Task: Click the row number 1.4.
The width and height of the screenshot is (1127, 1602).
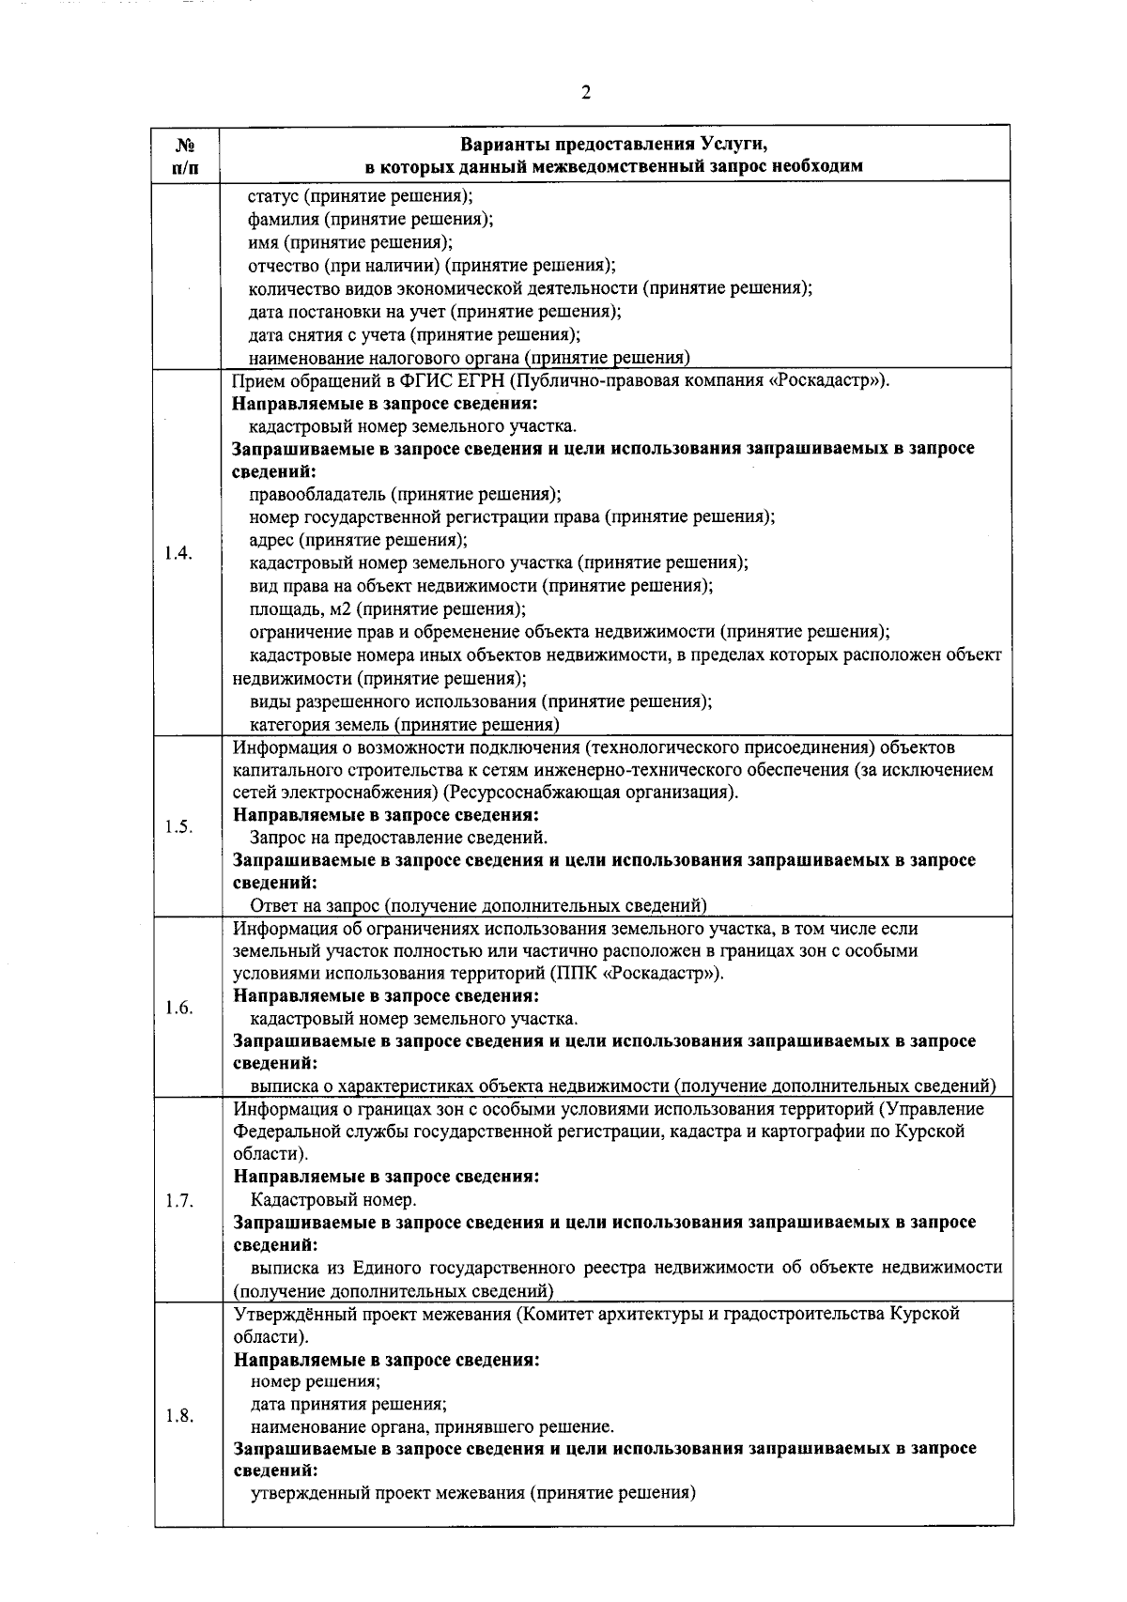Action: pyautogui.click(x=178, y=552)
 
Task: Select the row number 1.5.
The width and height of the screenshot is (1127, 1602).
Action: pyautogui.click(x=178, y=826)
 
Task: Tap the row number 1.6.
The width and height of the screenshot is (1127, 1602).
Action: pyautogui.click(x=178, y=1008)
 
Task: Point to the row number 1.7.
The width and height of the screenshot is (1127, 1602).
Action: pyautogui.click(x=178, y=1200)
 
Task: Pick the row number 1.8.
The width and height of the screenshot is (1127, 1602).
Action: pyautogui.click(x=178, y=1416)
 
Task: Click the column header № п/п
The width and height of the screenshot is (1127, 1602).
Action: pyautogui.click(x=187, y=156)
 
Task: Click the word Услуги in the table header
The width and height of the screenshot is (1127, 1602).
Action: pyautogui.click(x=733, y=145)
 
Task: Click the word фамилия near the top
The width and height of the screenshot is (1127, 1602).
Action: pyautogui.click(x=281, y=220)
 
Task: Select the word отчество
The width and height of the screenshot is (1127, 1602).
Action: pyautogui.click(x=285, y=266)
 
